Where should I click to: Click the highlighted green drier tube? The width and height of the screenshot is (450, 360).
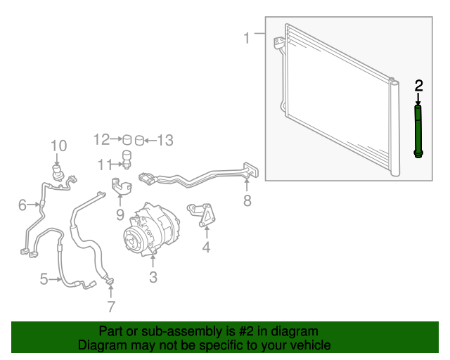[x=418, y=131]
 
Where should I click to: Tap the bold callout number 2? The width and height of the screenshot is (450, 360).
[x=419, y=86]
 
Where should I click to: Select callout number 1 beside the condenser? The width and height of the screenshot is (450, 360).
[x=247, y=38]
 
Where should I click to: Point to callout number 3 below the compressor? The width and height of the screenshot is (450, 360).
[x=153, y=277]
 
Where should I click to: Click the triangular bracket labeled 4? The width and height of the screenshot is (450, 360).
[x=202, y=214]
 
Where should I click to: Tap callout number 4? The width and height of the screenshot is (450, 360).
[x=206, y=247]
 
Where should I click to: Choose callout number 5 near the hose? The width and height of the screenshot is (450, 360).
[x=44, y=279]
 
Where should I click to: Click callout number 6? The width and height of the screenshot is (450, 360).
[x=22, y=205]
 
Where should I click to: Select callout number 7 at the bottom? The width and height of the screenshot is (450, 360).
[x=111, y=307]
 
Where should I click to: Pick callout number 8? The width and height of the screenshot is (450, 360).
[x=247, y=200]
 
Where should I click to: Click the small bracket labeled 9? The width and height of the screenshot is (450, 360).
[x=122, y=186]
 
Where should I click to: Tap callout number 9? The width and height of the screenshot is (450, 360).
[x=120, y=214]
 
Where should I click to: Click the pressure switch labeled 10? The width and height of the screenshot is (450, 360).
[x=57, y=172]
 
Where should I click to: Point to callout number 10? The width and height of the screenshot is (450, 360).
[x=59, y=146]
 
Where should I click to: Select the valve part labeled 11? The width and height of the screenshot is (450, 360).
[x=127, y=160]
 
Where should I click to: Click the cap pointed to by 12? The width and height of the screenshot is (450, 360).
[x=127, y=140]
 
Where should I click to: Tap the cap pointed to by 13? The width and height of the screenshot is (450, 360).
[x=139, y=140]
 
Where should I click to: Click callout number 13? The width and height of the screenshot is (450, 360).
[x=165, y=141]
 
